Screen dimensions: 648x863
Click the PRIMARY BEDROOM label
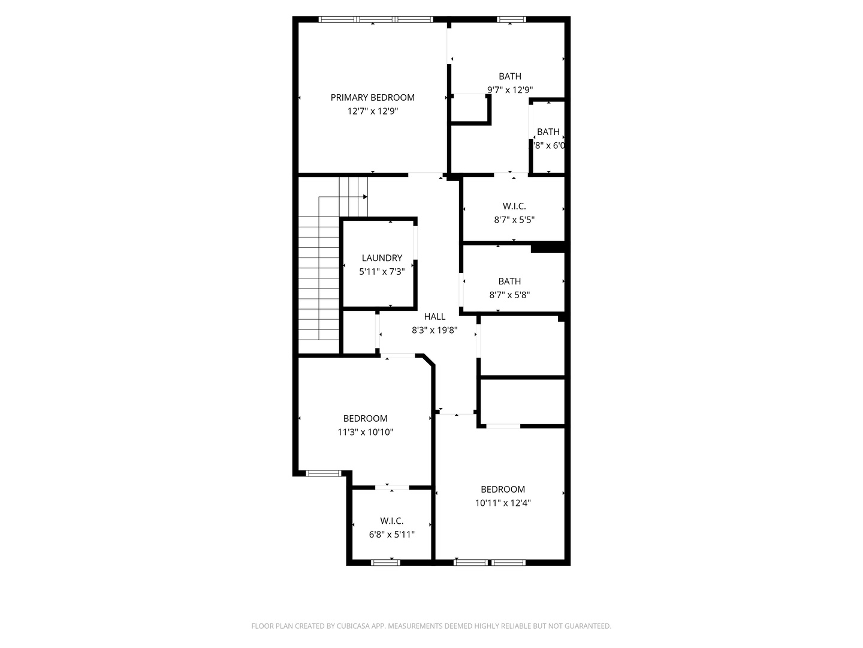[x=372, y=98]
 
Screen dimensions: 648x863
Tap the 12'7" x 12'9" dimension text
[x=372, y=112]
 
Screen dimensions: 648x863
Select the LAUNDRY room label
[x=382, y=258]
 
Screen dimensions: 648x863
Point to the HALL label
[x=434, y=317]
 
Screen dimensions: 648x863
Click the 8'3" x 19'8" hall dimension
[x=434, y=330]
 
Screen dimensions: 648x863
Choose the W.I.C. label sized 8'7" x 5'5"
[x=514, y=206]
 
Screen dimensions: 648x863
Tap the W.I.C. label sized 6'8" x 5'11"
[x=391, y=521]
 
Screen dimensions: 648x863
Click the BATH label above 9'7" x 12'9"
[x=510, y=76]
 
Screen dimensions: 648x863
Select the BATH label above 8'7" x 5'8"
[x=509, y=281]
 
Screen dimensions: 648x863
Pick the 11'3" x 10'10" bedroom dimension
[x=365, y=432]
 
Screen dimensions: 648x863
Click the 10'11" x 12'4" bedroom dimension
[x=503, y=503]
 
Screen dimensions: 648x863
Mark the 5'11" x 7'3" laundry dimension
[x=382, y=272]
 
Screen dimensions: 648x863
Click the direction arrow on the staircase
[x=365, y=197]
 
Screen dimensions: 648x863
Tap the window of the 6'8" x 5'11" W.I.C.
[x=385, y=562]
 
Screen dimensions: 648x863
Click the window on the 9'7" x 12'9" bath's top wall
[x=511, y=20]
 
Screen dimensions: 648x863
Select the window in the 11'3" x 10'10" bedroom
[x=323, y=473]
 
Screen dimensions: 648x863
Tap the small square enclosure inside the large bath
[x=470, y=109]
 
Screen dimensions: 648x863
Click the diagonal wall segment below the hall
[x=428, y=359]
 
